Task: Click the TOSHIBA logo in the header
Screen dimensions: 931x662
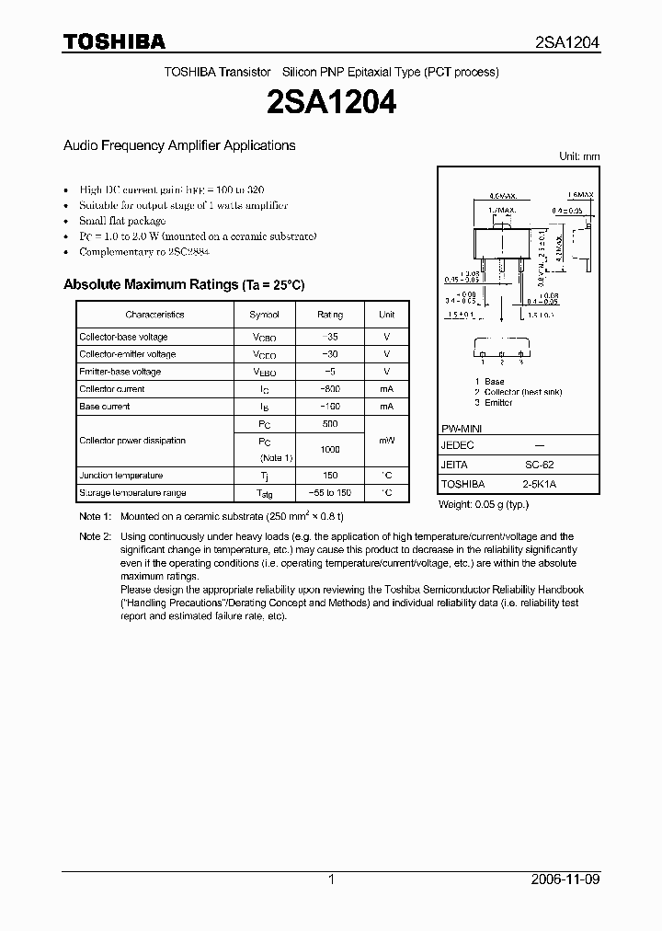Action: pos(114,41)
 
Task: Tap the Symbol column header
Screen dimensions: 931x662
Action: pos(265,315)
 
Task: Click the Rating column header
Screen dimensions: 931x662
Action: pos(330,315)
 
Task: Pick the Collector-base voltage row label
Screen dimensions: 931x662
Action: pos(123,337)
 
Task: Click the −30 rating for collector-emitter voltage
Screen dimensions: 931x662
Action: pos(330,354)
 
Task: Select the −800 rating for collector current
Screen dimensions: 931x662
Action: pos(330,389)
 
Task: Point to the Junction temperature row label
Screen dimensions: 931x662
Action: pos(120,476)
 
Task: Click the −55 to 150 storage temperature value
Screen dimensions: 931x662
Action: pos(330,493)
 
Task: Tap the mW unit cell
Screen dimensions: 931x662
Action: pos(387,441)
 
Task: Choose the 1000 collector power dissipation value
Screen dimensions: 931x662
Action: pos(330,449)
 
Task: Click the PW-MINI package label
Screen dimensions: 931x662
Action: pos(462,430)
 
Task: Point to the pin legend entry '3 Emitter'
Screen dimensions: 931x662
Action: pos(494,403)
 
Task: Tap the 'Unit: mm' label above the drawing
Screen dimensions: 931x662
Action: pos(579,156)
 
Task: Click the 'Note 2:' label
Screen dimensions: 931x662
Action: pos(95,536)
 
